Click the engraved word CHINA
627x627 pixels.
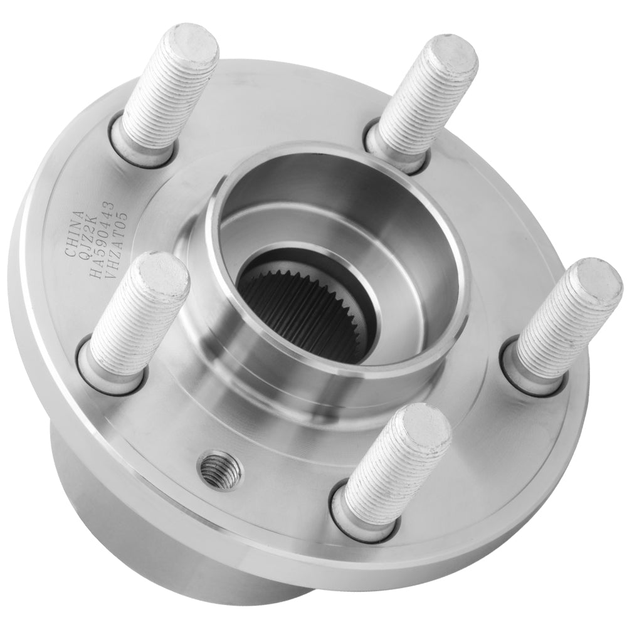(x=74, y=233)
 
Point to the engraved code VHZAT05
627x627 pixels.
(x=117, y=236)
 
